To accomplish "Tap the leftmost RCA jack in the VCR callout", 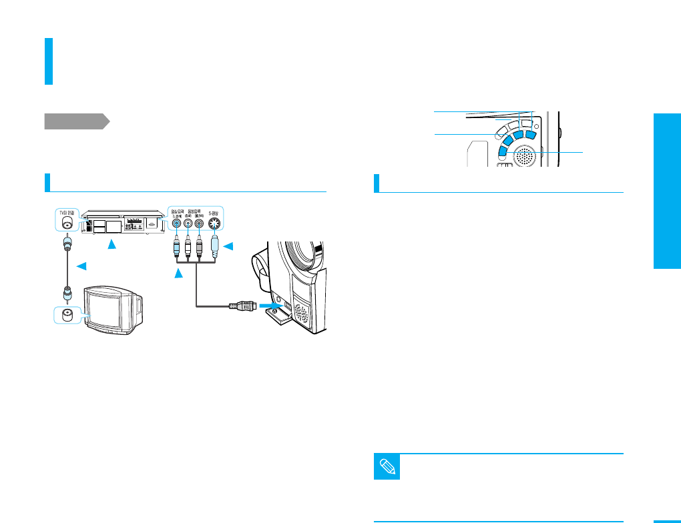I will point(176,225).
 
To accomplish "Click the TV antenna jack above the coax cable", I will point(66,225).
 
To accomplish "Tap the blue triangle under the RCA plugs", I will point(178,274).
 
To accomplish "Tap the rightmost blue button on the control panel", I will point(531,135).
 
